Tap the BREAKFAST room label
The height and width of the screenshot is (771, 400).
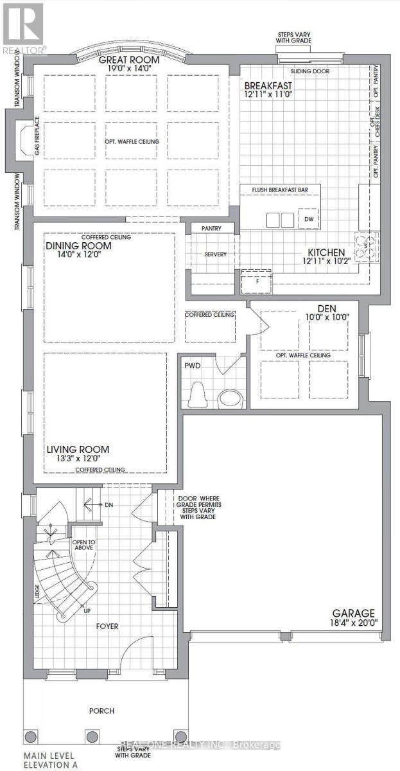[x=268, y=85]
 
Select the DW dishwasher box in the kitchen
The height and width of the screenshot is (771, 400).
[x=309, y=220]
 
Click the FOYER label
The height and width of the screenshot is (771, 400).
[x=107, y=625]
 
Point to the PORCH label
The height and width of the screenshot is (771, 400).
[x=101, y=711]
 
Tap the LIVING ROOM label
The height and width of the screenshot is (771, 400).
[x=77, y=449]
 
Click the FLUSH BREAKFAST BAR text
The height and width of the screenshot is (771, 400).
[x=281, y=190]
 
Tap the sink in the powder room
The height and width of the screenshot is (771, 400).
[x=229, y=398]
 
